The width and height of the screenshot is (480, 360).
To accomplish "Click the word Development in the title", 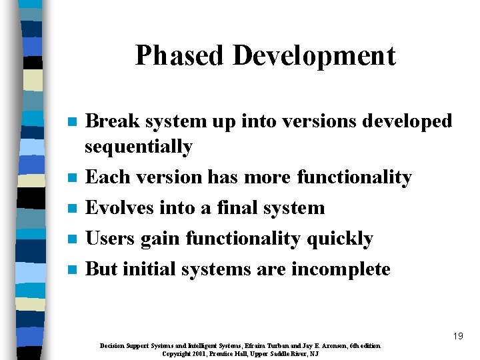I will point(314,56).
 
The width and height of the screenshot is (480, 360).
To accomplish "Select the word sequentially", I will point(139,147).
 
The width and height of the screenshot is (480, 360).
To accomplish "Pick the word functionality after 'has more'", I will point(354,177).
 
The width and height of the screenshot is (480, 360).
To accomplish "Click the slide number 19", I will point(457,337).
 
